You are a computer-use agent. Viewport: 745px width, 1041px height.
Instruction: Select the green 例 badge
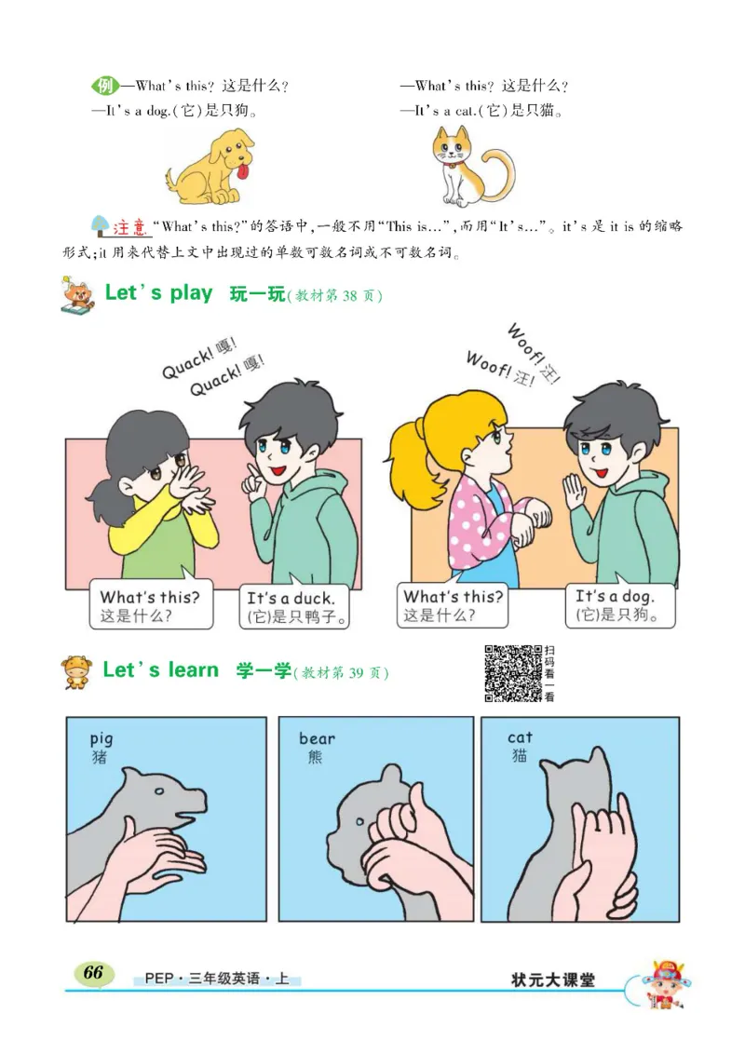(x=104, y=87)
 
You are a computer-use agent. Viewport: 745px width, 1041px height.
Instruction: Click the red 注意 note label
(x=130, y=227)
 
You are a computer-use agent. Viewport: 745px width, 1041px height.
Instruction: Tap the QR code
(x=513, y=672)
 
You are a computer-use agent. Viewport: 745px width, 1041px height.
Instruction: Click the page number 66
(x=93, y=972)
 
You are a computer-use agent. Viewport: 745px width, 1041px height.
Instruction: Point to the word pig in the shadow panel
(x=101, y=738)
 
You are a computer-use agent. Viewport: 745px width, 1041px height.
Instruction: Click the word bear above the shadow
(x=317, y=738)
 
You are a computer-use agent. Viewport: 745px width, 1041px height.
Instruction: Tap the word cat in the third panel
(x=520, y=737)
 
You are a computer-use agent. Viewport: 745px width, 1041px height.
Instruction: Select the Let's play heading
(x=158, y=293)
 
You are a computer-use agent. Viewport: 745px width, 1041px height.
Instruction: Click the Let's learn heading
(x=160, y=670)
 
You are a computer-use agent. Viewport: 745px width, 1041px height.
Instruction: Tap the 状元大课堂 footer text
(x=552, y=980)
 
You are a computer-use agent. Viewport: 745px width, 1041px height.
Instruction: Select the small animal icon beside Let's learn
(x=77, y=671)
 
